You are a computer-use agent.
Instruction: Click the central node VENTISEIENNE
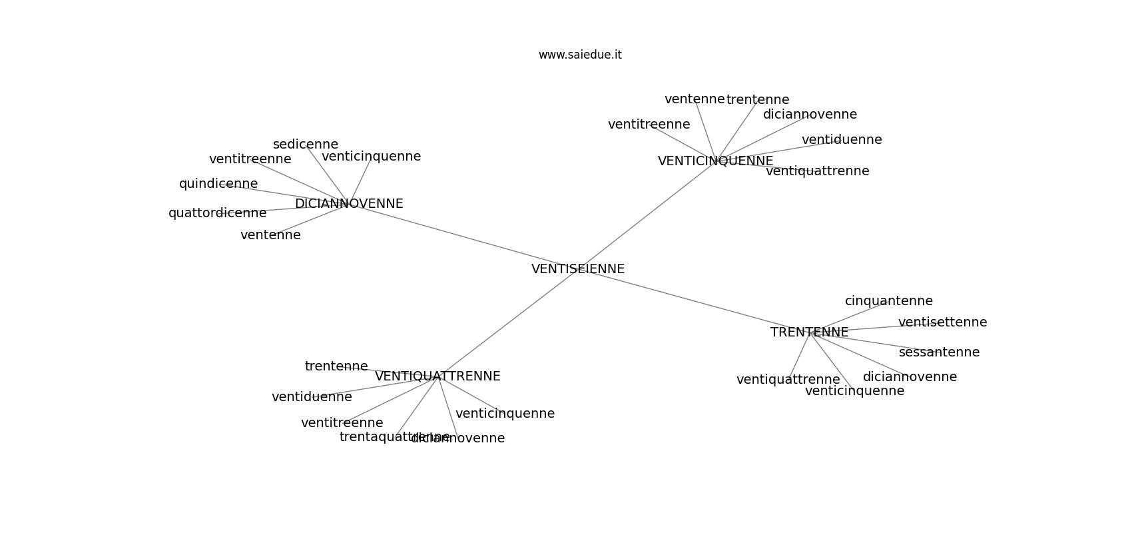point(577,269)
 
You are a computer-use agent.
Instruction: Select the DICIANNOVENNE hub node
point(349,204)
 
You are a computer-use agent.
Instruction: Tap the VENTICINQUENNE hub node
point(715,161)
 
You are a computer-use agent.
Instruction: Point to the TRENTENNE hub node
point(809,332)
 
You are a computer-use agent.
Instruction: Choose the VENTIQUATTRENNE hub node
point(437,376)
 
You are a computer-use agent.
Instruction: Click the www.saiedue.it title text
point(580,55)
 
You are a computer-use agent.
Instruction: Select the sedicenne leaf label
point(306,145)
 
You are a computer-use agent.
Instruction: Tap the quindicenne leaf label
point(218,184)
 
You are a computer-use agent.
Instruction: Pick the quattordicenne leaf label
point(217,213)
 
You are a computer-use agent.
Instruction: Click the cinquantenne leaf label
point(888,301)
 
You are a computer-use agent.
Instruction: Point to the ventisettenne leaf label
point(942,322)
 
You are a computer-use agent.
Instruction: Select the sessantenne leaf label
point(939,352)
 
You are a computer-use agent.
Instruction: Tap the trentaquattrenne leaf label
point(386,437)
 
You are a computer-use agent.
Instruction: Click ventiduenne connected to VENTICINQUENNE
point(842,140)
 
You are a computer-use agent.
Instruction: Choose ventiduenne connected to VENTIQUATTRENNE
point(312,397)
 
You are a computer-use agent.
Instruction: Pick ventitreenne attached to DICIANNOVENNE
point(250,159)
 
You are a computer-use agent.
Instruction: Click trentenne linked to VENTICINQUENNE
point(757,100)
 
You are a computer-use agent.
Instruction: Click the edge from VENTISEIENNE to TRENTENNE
point(693,300)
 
